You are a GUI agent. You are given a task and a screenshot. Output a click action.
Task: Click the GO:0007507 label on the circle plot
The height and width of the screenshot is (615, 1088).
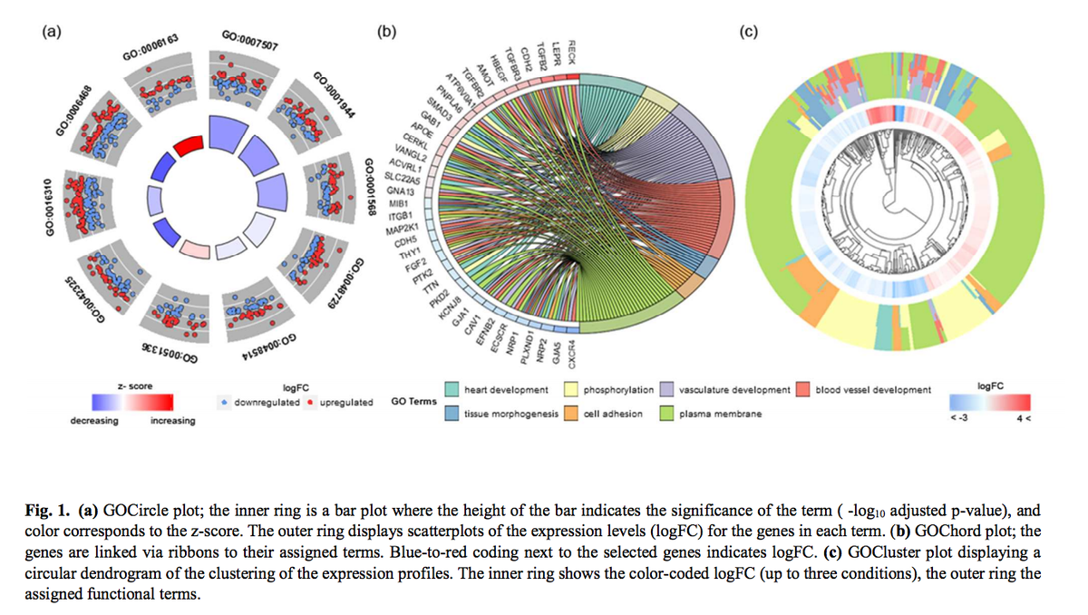click(x=249, y=41)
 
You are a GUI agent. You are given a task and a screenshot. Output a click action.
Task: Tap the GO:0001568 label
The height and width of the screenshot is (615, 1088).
click(x=369, y=185)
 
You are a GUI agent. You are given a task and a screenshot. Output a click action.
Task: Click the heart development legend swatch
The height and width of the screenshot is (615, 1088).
click(x=451, y=390)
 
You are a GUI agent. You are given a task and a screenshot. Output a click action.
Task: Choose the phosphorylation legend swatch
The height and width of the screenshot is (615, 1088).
click(x=572, y=390)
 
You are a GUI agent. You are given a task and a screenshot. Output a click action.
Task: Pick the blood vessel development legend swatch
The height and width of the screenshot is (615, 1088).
click(x=803, y=390)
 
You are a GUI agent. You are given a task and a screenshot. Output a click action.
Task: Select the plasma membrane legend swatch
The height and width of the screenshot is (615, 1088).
click(x=665, y=414)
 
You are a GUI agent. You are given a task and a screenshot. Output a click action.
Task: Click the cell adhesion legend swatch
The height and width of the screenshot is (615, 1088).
click(x=572, y=414)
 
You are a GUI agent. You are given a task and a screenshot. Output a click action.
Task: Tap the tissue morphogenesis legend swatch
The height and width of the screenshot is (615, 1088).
click(x=451, y=414)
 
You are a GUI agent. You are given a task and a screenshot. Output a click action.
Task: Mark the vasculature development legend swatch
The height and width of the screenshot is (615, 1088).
click(x=665, y=390)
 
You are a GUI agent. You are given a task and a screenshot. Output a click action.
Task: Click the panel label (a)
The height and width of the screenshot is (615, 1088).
click(x=53, y=33)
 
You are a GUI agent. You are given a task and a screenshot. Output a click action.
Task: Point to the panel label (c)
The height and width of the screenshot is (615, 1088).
click(x=749, y=33)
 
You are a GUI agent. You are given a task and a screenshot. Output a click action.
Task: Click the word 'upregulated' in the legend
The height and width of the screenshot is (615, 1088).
click(x=345, y=402)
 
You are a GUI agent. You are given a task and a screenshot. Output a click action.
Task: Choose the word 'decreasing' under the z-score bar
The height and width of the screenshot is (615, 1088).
click(x=93, y=421)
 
